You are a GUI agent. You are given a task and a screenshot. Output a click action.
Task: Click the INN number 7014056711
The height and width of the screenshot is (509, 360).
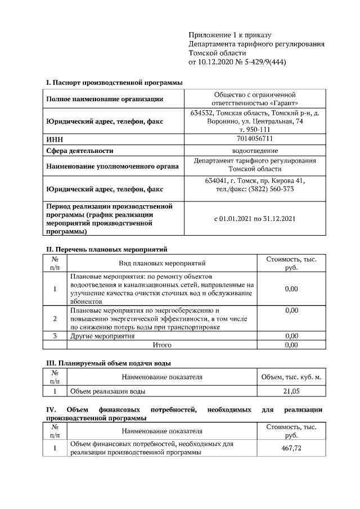point(255,139)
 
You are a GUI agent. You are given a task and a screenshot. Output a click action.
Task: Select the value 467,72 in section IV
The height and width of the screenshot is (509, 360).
point(291,448)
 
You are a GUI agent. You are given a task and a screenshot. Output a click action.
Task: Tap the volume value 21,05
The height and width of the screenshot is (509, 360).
point(291,390)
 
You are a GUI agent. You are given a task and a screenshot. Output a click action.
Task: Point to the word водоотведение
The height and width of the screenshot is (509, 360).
point(255,151)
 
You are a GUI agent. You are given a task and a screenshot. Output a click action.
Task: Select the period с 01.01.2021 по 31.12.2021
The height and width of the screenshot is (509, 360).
point(255,218)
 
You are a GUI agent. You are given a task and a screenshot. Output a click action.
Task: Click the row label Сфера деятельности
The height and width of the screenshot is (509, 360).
point(79,151)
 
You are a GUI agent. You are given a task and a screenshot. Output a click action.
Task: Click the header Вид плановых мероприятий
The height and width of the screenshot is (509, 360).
point(162,263)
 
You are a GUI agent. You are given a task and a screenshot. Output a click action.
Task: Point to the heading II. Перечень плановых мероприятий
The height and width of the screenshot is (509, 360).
point(106,249)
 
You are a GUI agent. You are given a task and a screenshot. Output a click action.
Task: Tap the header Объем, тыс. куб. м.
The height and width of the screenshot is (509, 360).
point(291,377)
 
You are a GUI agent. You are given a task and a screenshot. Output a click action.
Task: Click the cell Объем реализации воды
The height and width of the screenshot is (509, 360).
point(107,390)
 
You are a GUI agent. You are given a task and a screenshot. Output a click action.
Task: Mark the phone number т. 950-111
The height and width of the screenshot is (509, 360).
point(255,129)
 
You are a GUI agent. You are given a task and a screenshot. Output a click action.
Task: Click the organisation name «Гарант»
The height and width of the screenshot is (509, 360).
point(283,103)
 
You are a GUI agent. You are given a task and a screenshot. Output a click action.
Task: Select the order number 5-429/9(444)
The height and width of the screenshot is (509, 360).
point(263,62)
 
